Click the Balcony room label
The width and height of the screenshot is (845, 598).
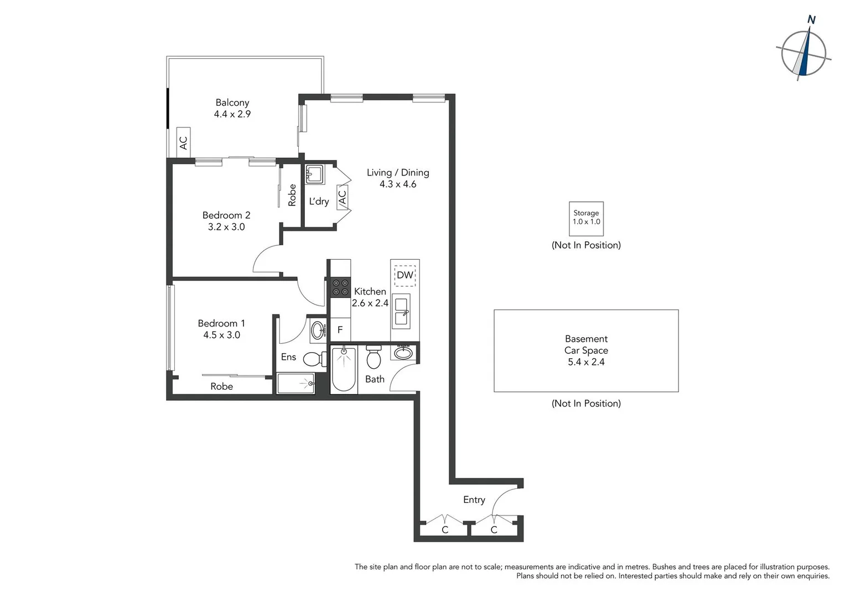point(232,102)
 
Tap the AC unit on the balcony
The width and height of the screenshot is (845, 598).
point(183,143)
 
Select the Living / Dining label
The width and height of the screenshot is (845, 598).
point(397,173)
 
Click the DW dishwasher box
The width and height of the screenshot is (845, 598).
point(405,275)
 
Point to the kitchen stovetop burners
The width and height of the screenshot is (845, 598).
point(340,287)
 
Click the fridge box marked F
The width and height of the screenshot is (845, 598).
point(340,330)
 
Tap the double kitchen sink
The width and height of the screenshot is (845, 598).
point(401,311)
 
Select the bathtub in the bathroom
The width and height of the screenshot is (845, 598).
point(344,369)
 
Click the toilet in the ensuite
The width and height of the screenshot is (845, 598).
point(315,359)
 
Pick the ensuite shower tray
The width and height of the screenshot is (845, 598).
point(296,384)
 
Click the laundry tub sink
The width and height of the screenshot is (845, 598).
point(315,174)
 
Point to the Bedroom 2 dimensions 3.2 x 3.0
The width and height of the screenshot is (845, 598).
point(226,227)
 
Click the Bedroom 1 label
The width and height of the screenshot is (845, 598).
point(221,323)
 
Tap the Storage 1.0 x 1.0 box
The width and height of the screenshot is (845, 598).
point(586,218)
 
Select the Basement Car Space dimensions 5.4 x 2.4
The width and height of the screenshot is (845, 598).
point(586,362)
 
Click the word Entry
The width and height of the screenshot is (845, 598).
point(474,499)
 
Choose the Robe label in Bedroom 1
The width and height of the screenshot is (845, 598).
point(221,386)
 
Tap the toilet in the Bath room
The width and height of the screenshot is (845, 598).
point(374,358)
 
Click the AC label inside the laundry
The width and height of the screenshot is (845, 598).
point(342,198)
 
